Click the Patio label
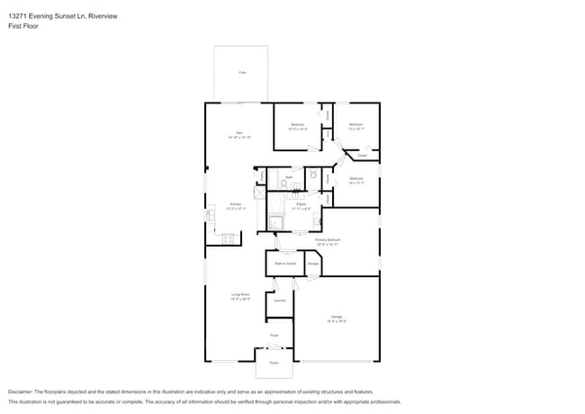point(242,71)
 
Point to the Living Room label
point(239,296)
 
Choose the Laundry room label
point(279,301)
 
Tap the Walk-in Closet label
point(284,264)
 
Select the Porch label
point(274,363)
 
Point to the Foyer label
point(274,336)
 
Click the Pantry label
point(262,176)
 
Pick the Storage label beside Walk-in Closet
point(313,264)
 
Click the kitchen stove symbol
point(228,238)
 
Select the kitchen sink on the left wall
point(211,216)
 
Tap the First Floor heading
point(23,26)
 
